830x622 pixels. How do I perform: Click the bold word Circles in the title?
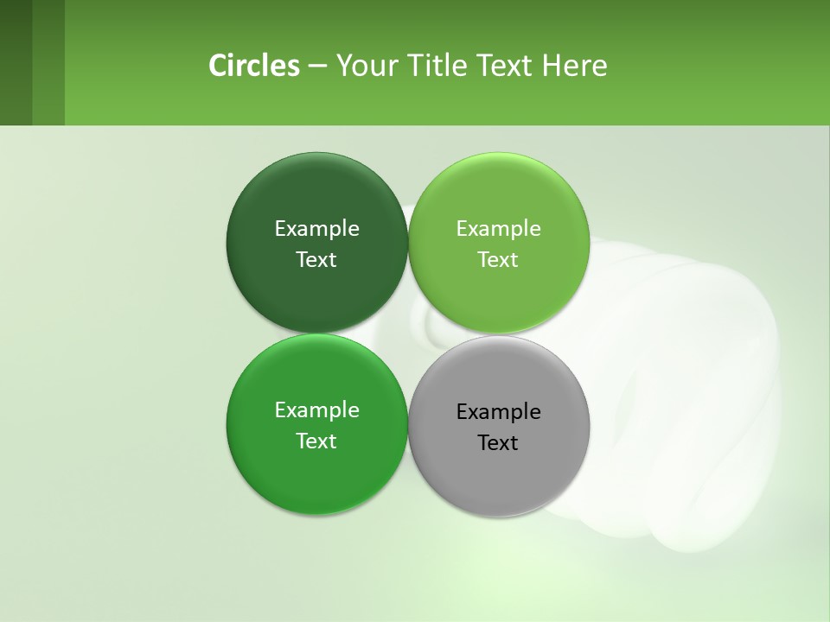253,66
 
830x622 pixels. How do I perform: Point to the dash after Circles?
316,67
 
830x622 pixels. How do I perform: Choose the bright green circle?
316,475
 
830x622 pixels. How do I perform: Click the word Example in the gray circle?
499,412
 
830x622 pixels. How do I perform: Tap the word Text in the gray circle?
498,443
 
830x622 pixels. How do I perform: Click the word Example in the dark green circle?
316,229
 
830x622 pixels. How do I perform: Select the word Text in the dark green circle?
316,260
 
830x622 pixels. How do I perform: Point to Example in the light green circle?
499,229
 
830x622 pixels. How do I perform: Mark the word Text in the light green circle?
498,260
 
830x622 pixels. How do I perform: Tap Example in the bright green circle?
316,410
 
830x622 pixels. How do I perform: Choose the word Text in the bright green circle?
316,441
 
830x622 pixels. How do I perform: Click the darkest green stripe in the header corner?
16,62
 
